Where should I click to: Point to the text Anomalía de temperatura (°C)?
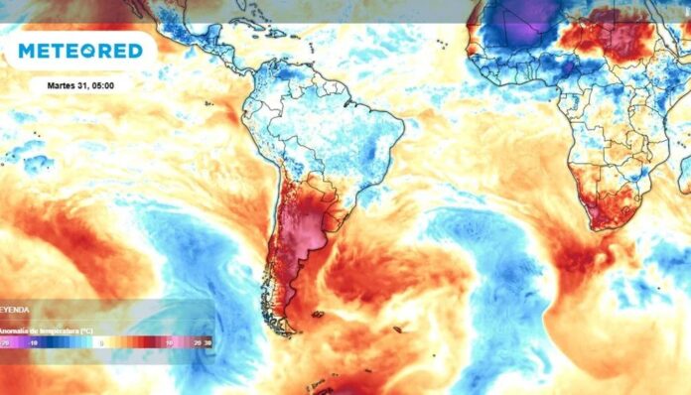click(50, 329)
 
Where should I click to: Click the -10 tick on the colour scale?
click(33, 342)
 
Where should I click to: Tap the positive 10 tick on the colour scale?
click(171, 342)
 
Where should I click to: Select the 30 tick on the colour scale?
click(207, 342)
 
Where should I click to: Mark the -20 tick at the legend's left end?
click(6, 342)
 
